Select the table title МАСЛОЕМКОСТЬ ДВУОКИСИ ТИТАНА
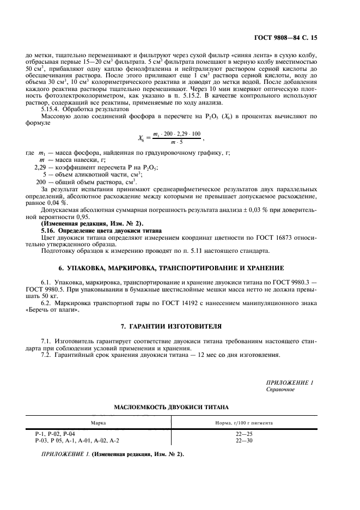point(171,407)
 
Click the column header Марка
point(98,422)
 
